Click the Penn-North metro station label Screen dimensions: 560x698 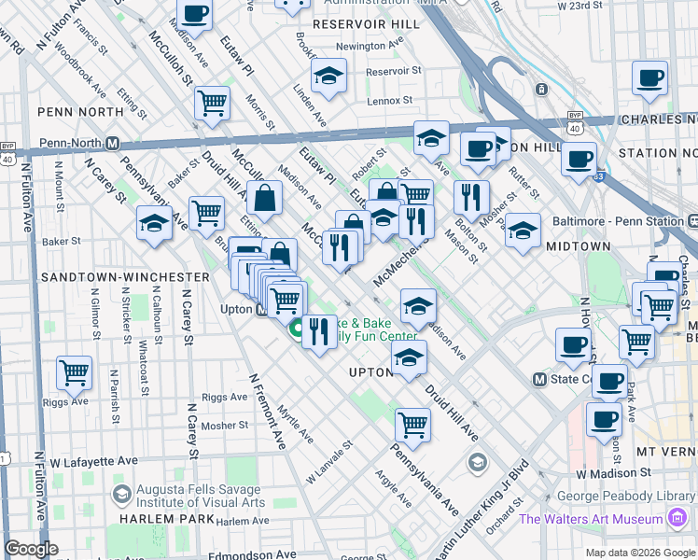click(71, 144)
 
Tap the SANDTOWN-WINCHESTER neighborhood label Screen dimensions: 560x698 click(125, 277)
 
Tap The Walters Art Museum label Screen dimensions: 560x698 click(592, 519)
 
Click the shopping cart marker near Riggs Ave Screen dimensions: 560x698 click(74, 373)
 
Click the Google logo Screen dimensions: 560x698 click(32, 549)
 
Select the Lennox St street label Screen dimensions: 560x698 click(369, 100)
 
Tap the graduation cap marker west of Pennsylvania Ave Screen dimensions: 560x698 click(154, 224)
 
